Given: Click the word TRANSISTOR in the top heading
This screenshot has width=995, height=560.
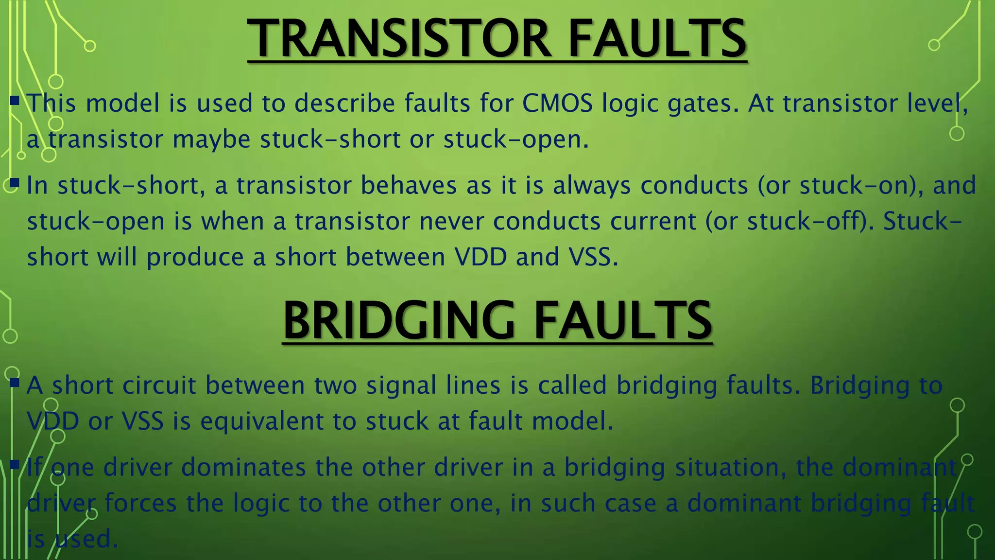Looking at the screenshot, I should [x=398, y=39].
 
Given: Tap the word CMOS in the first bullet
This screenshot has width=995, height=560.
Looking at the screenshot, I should [x=557, y=104].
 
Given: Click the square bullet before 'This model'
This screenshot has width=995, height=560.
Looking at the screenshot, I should [x=15, y=101].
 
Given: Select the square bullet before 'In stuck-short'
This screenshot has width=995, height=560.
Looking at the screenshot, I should [x=15, y=183].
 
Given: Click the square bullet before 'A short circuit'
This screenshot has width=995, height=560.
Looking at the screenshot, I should [x=15, y=383].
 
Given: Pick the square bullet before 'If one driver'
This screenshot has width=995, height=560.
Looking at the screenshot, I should [x=15, y=465].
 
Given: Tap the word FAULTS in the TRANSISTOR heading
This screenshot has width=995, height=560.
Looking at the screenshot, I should [x=657, y=39].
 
